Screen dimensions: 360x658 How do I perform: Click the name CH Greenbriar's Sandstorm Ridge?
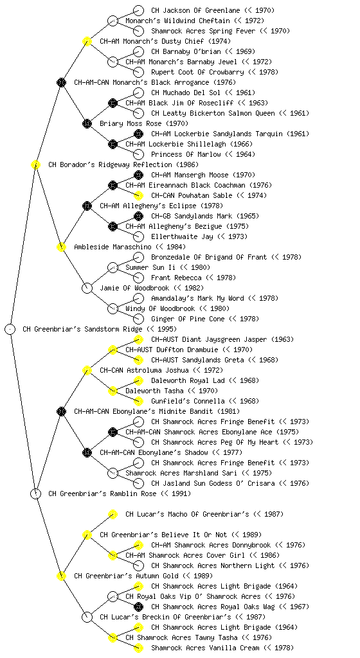click(x=83, y=329)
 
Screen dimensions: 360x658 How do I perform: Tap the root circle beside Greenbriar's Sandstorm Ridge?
click(x=10, y=329)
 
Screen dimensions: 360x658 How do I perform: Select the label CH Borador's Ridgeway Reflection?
click(x=111, y=164)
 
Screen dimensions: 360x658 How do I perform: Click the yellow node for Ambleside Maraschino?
click(x=61, y=247)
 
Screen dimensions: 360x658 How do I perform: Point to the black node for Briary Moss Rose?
click(x=87, y=123)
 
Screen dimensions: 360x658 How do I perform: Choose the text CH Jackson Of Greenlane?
click(x=195, y=10)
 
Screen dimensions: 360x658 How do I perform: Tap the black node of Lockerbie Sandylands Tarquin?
click(x=138, y=134)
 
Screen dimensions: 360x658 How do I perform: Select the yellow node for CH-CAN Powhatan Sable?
click(x=138, y=195)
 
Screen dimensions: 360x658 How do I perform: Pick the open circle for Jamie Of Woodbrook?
click(x=87, y=288)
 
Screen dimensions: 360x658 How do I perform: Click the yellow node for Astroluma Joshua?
click(x=87, y=370)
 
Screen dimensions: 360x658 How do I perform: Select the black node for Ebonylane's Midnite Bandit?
click(x=61, y=411)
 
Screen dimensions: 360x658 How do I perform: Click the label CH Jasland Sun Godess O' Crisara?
click(x=213, y=483)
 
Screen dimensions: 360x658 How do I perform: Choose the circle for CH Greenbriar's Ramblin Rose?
click(x=35, y=493)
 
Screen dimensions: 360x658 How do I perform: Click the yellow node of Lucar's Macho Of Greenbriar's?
click(x=113, y=514)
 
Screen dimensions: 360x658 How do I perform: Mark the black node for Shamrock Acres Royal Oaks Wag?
click(x=138, y=607)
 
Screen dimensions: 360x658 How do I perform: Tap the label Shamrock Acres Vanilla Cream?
click(x=205, y=648)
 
